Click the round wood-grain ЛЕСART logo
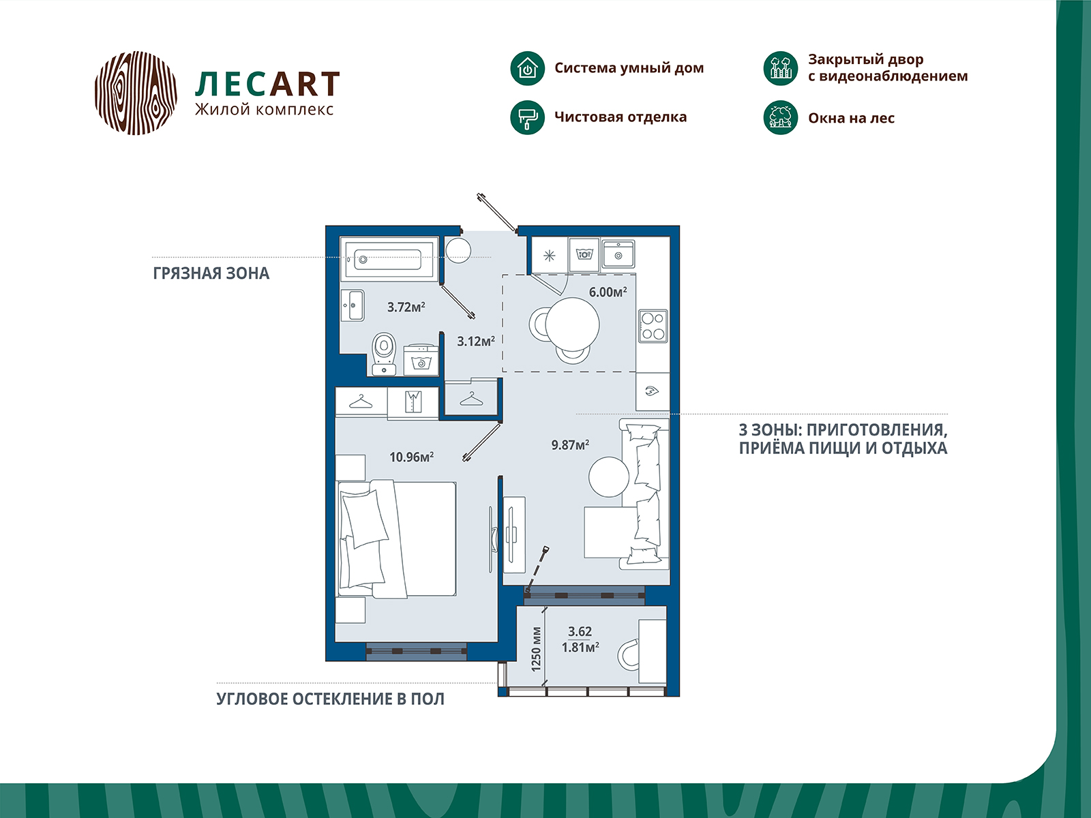(x=136, y=93)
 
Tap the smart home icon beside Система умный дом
(x=527, y=69)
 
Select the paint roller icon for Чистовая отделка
(x=527, y=118)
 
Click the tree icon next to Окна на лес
(x=780, y=118)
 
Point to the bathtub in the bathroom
(x=389, y=259)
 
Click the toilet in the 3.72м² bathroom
(x=384, y=354)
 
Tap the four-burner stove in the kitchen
(x=653, y=327)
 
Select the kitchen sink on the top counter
(x=618, y=254)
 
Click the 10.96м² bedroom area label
(x=412, y=457)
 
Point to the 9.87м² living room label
(x=570, y=444)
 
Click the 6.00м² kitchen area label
(x=608, y=292)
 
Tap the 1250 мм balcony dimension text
(x=536, y=649)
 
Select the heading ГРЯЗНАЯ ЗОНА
(x=211, y=273)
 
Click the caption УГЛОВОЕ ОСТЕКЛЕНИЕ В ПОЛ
(x=331, y=699)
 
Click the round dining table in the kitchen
(x=572, y=325)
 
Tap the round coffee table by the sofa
(x=609, y=476)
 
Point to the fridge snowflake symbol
(x=549, y=256)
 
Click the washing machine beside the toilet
(x=421, y=360)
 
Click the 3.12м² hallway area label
(x=476, y=342)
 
